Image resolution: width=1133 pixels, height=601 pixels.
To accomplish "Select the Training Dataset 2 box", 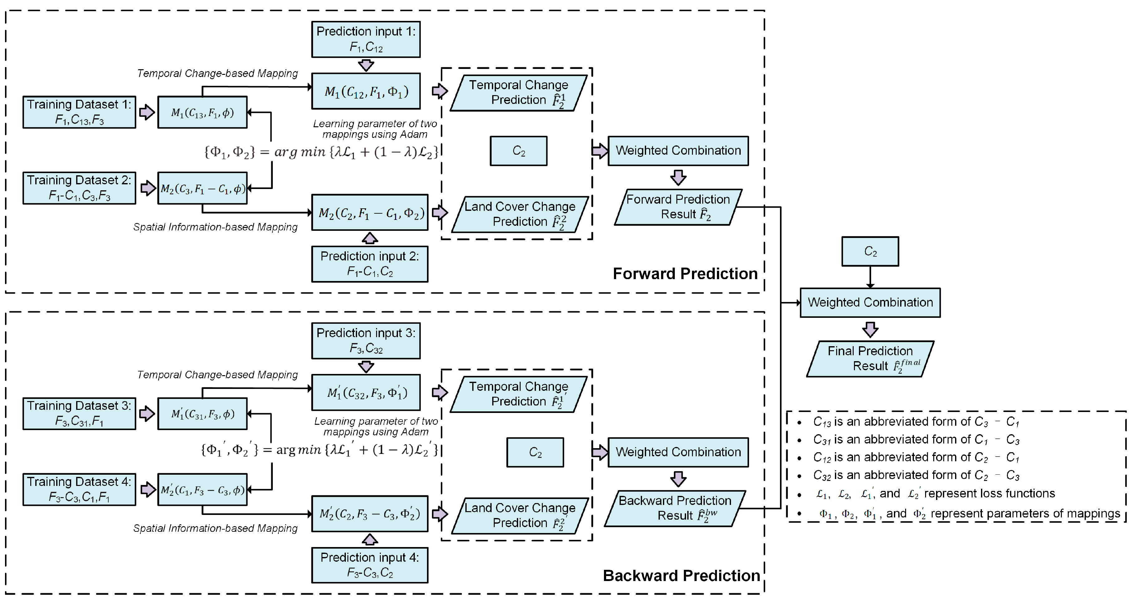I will [x=79, y=188].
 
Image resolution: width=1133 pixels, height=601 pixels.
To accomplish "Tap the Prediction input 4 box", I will [x=370, y=565].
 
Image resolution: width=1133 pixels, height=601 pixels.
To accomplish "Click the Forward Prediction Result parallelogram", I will [x=678, y=207].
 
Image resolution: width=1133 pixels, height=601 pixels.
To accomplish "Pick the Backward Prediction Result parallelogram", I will [x=675, y=508].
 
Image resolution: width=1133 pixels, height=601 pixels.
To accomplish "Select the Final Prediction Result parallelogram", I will [x=870, y=359].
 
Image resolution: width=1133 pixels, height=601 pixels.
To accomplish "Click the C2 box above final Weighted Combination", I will [x=870, y=251].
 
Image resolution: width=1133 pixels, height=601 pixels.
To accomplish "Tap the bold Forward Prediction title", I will [x=685, y=274].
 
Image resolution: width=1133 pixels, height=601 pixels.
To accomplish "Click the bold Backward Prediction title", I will [x=681, y=575].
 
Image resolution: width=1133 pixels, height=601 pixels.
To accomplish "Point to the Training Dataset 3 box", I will [x=79, y=413].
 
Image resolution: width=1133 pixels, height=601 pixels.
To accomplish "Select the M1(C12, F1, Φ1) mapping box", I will [x=365, y=91].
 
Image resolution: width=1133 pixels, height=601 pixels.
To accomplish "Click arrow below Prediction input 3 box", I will [x=366, y=367].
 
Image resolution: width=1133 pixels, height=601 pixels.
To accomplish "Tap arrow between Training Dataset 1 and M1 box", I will [x=147, y=112].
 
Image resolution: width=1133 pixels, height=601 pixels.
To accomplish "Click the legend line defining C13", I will [x=915, y=422].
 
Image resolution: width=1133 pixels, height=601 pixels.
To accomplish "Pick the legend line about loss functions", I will [x=934, y=494].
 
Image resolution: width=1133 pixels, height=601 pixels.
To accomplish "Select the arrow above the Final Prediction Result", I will [x=870, y=329].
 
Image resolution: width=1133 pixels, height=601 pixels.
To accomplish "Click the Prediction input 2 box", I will [x=370, y=264].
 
